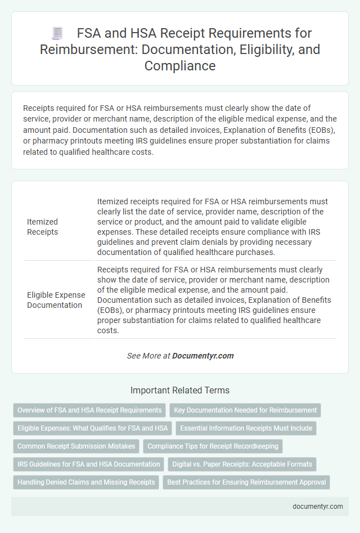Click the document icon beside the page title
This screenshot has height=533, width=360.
tap(57, 33)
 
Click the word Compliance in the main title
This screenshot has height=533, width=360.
tap(180, 65)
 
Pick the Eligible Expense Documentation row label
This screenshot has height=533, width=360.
tap(56, 300)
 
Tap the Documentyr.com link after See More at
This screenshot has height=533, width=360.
tap(202, 356)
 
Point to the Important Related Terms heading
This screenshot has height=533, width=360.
tap(180, 390)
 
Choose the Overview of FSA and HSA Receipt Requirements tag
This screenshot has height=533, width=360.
tap(89, 410)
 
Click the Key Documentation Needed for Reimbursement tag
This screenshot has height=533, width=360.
tap(245, 410)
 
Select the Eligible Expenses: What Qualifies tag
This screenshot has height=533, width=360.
tap(93, 428)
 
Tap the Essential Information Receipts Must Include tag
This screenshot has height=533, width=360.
tap(246, 428)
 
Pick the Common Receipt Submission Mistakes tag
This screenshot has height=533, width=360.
tap(76, 446)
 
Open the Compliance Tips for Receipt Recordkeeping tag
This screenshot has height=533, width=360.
tap(213, 446)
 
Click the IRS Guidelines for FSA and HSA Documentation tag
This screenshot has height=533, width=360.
tap(89, 464)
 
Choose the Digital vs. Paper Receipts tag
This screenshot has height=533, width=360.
tap(242, 464)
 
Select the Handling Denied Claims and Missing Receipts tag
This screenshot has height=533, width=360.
tap(86, 482)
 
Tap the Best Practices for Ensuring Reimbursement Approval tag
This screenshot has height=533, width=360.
tap(246, 482)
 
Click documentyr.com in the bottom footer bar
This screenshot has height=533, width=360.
tap(318, 506)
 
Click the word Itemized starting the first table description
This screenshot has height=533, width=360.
tap(115, 201)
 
